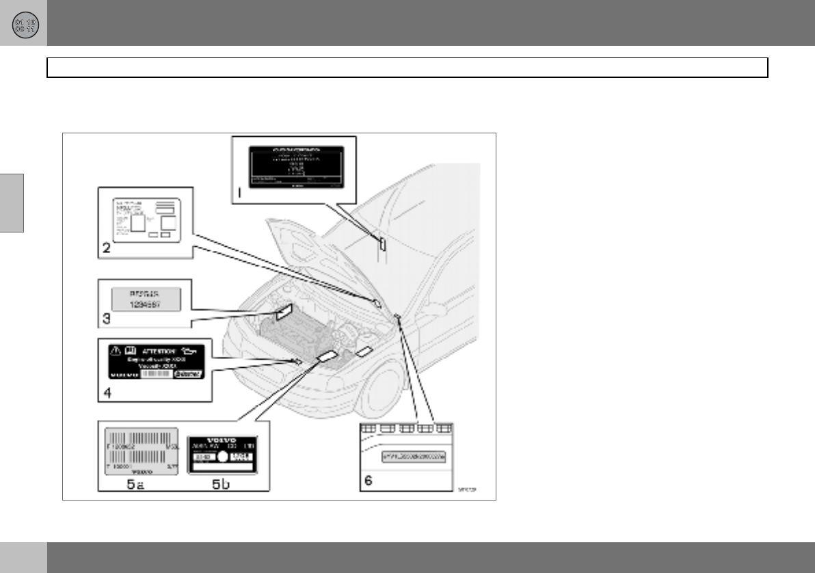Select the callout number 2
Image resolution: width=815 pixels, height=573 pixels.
click(x=107, y=249)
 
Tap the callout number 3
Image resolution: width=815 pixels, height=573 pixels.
click(x=107, y=317)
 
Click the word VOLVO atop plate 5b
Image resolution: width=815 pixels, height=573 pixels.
click(x=221, y=440)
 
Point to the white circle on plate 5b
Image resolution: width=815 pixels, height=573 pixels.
click(x=222, y=461)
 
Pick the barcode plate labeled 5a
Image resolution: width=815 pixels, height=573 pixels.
click(x=140, y=452)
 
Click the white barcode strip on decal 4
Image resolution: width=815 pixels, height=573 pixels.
click(x=155, y=375)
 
